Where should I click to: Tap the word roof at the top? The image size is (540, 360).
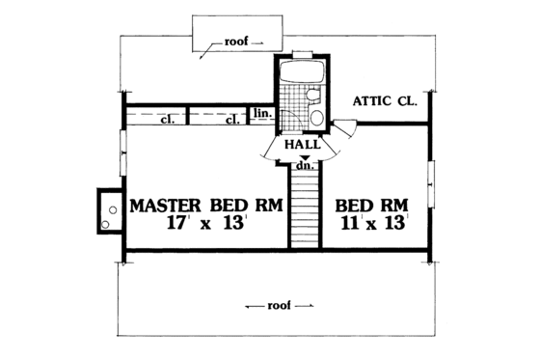(x=236, y=42)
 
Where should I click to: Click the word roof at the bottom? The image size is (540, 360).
(x=279, y=305)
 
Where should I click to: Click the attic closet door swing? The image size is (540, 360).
(x=345, y=129)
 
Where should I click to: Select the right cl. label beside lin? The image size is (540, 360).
(x=232, y=121)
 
